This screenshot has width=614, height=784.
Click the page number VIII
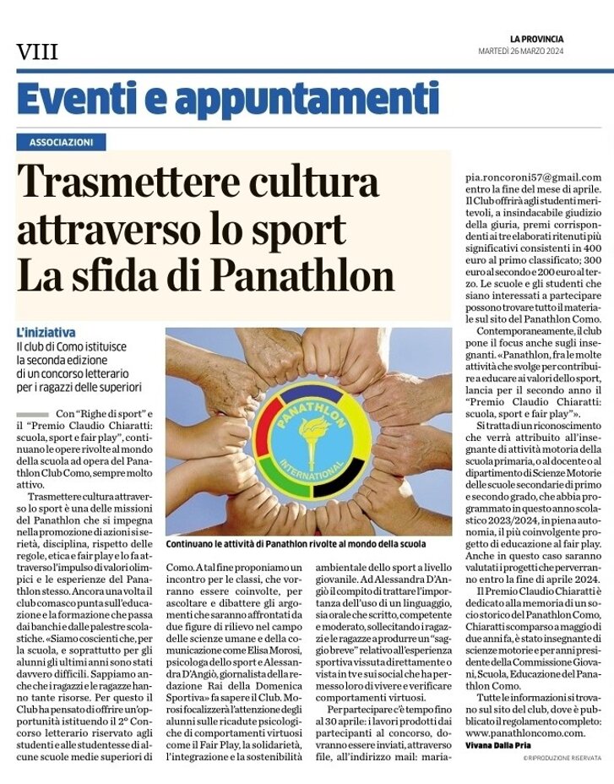click(37, 52)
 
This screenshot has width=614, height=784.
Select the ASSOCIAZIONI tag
click(61, 142)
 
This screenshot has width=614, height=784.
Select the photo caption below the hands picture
click(296, 544)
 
